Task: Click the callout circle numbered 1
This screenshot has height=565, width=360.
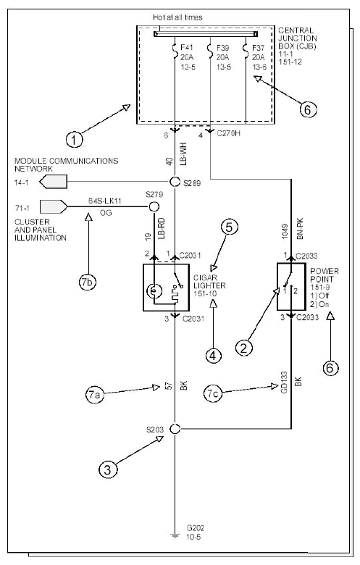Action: [x=75, y=139]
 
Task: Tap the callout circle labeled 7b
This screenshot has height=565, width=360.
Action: [x=87, y=282]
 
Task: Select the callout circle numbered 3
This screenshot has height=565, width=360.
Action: [x=108, y=469]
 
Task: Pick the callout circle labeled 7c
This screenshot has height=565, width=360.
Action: [x=213, y=393]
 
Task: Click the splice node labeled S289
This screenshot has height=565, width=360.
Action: [x=175, y=182]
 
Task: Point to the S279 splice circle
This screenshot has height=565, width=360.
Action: [x=154, y=206]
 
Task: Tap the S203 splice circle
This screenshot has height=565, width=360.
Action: [x=175, y=429]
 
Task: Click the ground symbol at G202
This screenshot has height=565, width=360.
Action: [x=175, y=536]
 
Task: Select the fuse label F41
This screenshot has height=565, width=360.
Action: [x=187, y=47]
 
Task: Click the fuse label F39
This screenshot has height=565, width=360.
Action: [x=223, y=47]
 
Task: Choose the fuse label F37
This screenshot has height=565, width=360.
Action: [x=259, y=47]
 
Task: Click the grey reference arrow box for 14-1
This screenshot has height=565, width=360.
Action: [x=54, y=182]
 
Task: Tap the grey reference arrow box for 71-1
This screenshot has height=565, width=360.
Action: [x=54, y=206]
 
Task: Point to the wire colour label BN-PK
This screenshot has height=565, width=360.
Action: [x=300, y=229]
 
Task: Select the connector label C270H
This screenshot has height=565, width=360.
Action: [x=228, y=134]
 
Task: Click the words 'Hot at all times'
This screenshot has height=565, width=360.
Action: [x=177, y=17]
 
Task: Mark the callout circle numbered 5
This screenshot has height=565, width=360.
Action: [x=229, y=227]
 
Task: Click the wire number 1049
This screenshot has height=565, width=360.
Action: [x=285, y=231]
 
